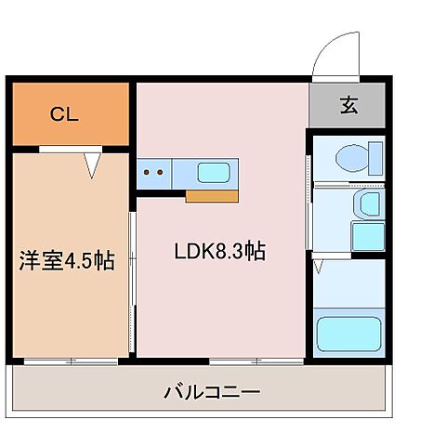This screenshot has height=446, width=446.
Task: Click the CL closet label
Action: pos(64,115)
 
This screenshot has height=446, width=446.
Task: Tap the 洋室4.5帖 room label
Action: pos(67,261)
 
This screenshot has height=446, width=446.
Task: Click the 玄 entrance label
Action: pos(347,106)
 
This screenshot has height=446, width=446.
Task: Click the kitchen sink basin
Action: pos(215,172)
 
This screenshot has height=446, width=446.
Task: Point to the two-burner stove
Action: pos(153,172)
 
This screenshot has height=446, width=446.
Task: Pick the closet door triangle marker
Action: pos(91,165)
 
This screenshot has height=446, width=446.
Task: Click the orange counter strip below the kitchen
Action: pos(213,195)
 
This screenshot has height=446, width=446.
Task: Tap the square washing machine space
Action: pos(367,235)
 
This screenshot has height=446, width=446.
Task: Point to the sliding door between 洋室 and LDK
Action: pos(133,279)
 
